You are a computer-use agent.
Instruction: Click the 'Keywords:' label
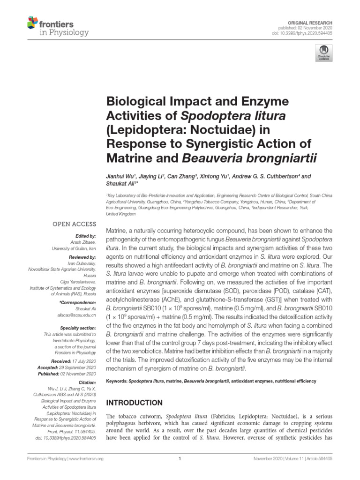pyautogui.click(x=116, y=381)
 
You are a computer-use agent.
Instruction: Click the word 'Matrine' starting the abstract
pyautogui.click(x=117, y=231)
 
